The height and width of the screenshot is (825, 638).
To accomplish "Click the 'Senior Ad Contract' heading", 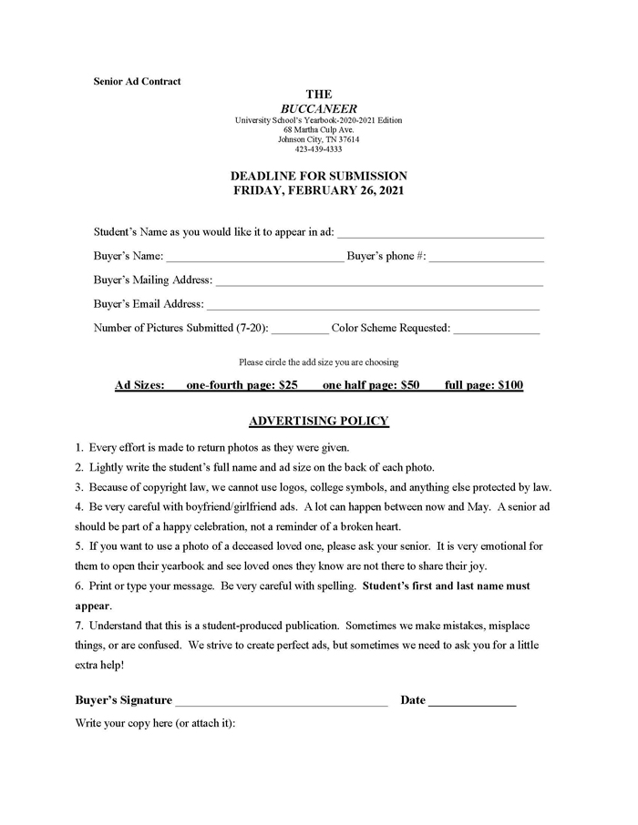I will click(x=137, y=81).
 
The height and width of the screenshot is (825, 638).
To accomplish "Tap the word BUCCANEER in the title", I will click(x=318, y=107).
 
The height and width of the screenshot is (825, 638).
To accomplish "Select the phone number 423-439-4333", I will click(x=318, y=149).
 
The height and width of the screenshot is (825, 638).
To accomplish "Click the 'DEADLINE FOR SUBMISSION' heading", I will click(x=318, y=176).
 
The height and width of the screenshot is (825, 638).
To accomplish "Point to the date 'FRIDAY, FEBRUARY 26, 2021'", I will click(x=318, y=190).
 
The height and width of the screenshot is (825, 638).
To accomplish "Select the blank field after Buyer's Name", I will click(x=254, y=260).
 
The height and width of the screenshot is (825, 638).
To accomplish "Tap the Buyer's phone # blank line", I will click(x=486, y=260).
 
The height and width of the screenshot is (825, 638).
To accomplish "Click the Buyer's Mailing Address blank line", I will click(x=379, y=283).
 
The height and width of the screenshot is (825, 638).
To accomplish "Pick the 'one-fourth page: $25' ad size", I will click(x=242, y=385).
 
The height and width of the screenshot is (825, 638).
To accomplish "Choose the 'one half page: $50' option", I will click(x=371, y=385).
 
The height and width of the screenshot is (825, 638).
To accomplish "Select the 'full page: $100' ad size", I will click(x=484, y=385).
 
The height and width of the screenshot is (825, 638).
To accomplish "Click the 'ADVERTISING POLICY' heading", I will click(x=318, y=421).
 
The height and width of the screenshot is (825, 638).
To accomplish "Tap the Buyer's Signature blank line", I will click(x=281, y=703).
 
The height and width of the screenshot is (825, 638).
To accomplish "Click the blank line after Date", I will click(x=472, y=703).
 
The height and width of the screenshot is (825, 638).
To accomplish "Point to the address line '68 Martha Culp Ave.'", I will click(x=318, y=130).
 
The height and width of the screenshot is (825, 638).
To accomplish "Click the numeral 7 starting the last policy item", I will click(x=78, y=626).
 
